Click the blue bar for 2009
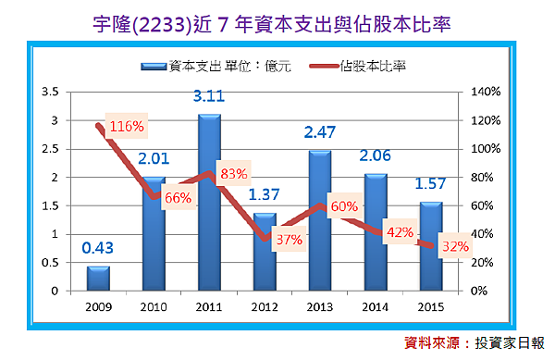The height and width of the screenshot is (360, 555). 97,279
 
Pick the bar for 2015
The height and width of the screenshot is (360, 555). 432,246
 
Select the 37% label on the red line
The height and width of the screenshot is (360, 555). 289,239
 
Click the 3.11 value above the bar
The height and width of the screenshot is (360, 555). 211,95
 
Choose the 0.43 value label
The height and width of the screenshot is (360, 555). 97,248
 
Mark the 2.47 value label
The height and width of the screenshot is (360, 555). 324,132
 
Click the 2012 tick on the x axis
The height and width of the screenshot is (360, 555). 265,306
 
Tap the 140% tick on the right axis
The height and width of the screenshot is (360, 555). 486,92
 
